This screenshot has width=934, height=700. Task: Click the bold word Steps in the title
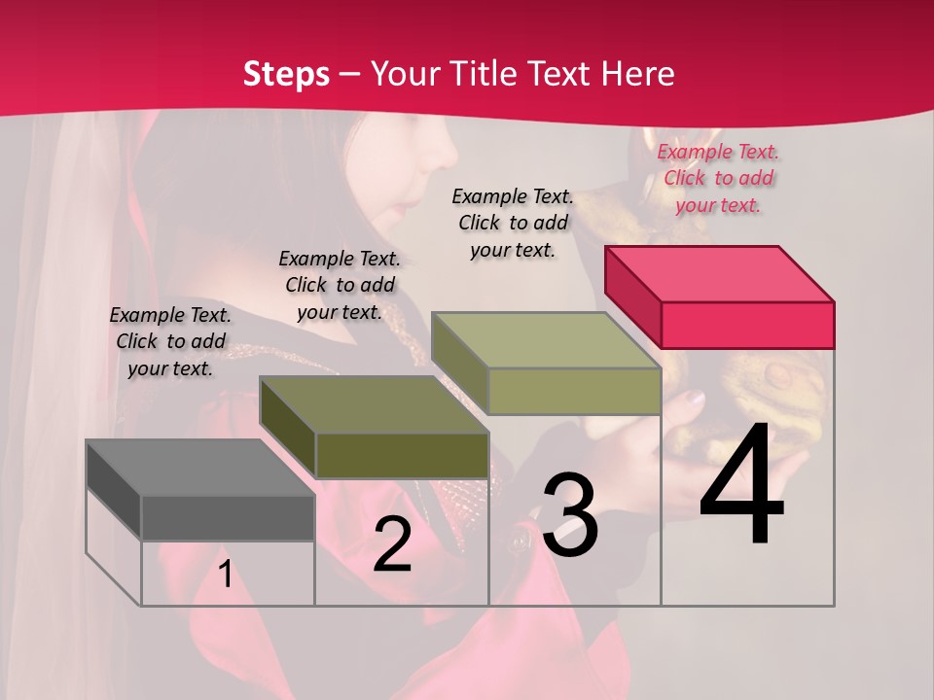[286, 74]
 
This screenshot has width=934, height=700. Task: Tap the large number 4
[741, 486]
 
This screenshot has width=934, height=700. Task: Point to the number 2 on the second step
[393, 544]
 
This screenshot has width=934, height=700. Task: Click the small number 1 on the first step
[225, 575]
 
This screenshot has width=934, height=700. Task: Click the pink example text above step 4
[719, 178]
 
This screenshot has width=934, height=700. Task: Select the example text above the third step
[513, 223]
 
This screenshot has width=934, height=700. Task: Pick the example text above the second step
[340, 285]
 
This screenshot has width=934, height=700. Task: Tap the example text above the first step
[170, 341]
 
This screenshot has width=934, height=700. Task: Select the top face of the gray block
[199, 467]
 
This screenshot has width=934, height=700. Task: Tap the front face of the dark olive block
[402, 455]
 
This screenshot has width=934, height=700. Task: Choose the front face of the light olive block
[574, 391]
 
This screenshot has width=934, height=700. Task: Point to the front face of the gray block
[228, 517]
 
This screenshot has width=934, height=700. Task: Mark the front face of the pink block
[747, 324]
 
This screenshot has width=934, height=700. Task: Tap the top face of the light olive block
[546, 340]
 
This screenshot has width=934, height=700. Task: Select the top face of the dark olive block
[374, 404]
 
